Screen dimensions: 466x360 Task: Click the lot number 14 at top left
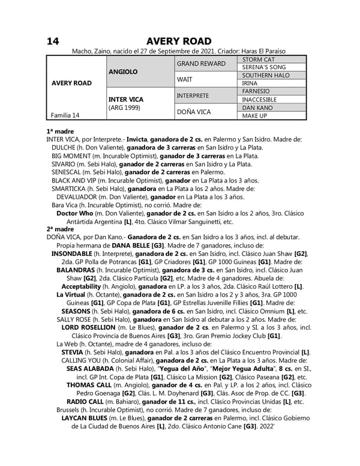[52, 41]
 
